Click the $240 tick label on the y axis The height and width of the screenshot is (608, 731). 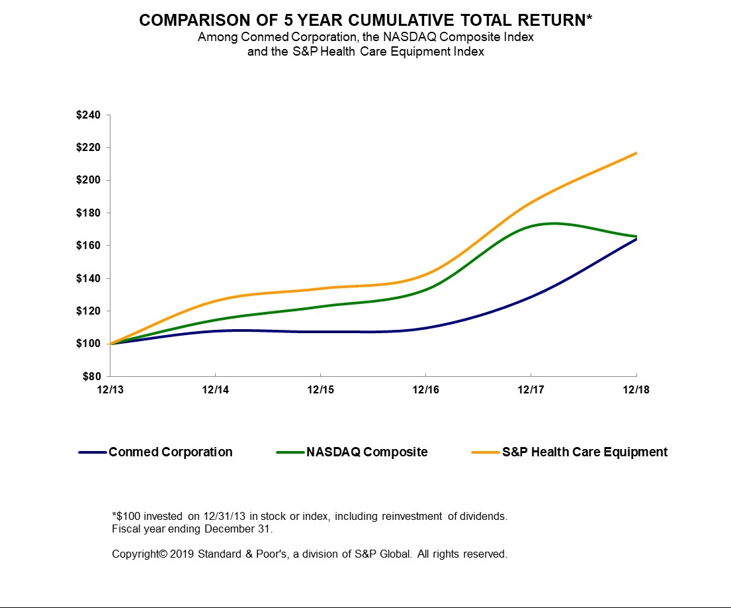pyautogui.click(x=88, y=115)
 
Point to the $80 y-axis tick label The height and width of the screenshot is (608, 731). pyautogui.click(x=91, y=376)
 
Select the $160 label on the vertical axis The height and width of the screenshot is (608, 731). pyautogui.click(x=88, y=246)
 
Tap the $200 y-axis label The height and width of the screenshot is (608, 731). pyautogui.click(x=88, y=180)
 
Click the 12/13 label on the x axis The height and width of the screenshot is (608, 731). pyautogui.click(x=110, y=389)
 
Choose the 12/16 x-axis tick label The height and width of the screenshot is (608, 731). pyautogui.click(x=425, y=389)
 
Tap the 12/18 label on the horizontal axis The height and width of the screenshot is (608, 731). pyautogui.click(x=636, y=389)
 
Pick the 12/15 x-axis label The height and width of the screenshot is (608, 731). pyautogui.click(x=320, y=389)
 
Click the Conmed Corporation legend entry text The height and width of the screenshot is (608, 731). pyautogui.click(x=171, y=452)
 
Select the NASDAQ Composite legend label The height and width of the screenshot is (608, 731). pyautogui.click(x=367, y=452)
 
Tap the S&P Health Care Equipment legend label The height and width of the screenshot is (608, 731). pyautogui.click(x=584, y=452)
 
